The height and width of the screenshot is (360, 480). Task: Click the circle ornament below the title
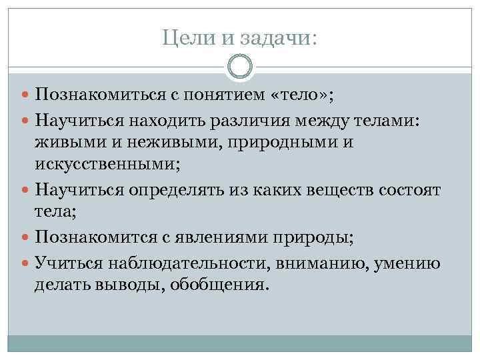pyautogui.click(x=240, y=67)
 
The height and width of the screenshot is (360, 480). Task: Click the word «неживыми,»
pyautogui.click(x=154, y=143)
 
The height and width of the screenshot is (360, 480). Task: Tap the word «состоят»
pyautogui.click(x=409, y=190)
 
